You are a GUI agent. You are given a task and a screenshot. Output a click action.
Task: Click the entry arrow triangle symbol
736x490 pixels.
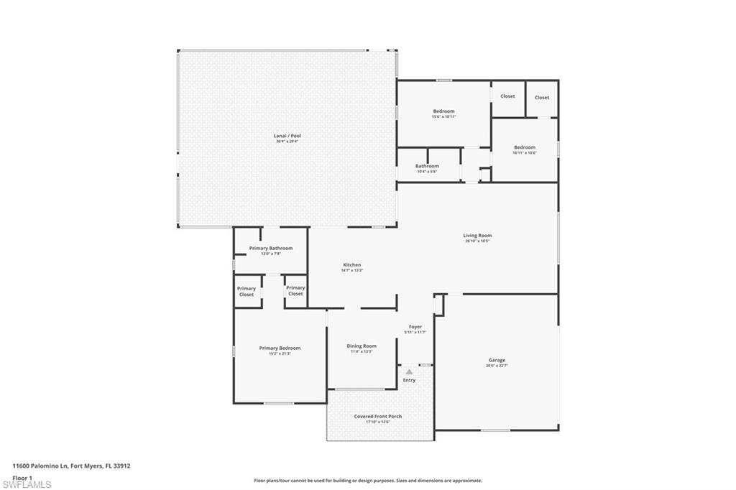click(409, 371)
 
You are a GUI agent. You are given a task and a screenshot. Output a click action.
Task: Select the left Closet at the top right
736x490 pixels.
click(507, 96)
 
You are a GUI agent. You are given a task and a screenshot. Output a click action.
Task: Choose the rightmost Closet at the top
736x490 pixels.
click(542, 98)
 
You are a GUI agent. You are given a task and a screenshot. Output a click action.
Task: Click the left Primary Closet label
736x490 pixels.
click(247, 291)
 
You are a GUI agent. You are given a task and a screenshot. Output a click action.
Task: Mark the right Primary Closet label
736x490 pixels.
click(295, 291)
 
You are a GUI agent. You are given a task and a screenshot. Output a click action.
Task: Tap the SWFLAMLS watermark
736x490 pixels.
click(26, 484)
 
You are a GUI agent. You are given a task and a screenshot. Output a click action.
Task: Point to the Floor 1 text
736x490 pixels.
click(23, 477)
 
